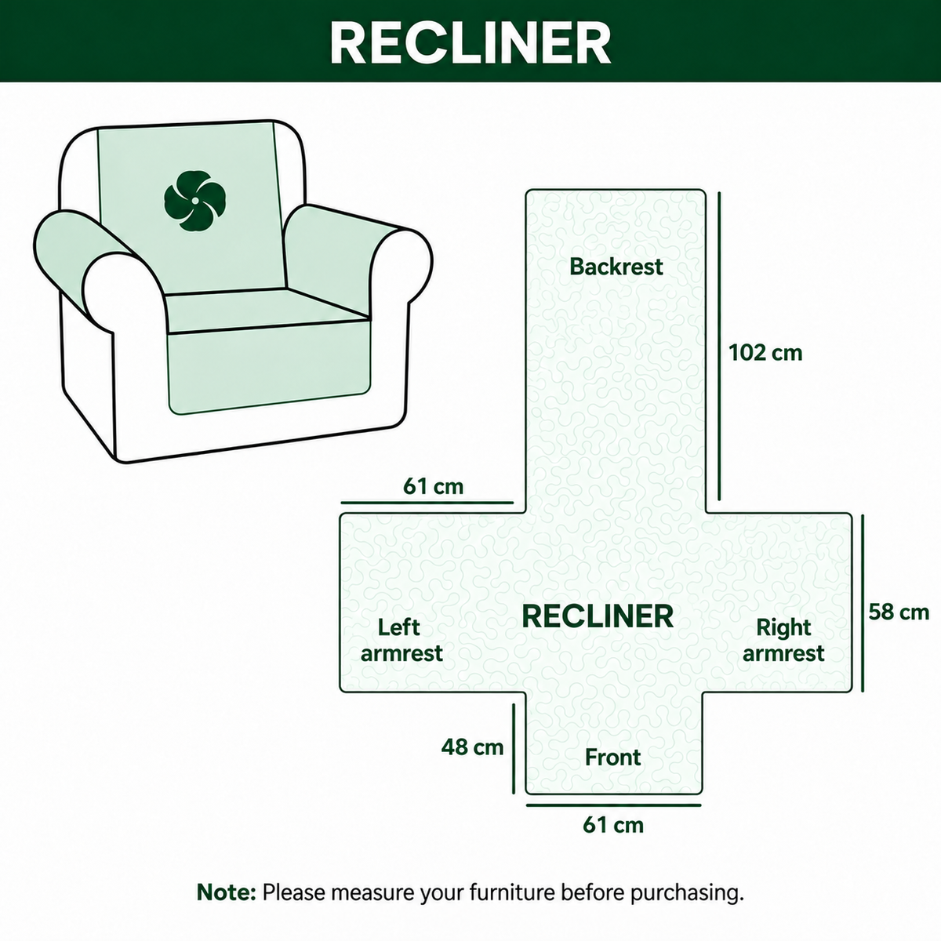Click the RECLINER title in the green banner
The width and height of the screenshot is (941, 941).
coord(470,42)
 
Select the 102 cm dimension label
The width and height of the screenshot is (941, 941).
coord(765,353)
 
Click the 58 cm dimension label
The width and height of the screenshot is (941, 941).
coord(899,612)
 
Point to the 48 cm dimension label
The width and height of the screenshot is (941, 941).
coord(472,747)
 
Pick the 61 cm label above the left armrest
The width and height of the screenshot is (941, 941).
coord(433,486)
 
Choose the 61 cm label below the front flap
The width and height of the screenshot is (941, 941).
coord(613,825)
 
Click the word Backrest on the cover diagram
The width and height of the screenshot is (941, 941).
coord(616,267)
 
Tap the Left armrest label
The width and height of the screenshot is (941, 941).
coord(401,640)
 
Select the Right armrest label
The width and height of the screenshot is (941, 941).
coord(783,640)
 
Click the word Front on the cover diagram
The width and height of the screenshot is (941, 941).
coord(613,758)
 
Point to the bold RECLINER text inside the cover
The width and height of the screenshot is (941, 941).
coord(598,616)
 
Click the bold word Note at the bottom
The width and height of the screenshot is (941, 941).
coord(226,892)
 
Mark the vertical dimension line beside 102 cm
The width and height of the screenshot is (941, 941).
coord(719,347)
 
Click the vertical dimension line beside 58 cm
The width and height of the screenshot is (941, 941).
coord(863,603)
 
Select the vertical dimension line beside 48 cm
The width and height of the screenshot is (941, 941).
coord(514,749)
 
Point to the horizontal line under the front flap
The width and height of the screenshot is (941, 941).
coord(613,805)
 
